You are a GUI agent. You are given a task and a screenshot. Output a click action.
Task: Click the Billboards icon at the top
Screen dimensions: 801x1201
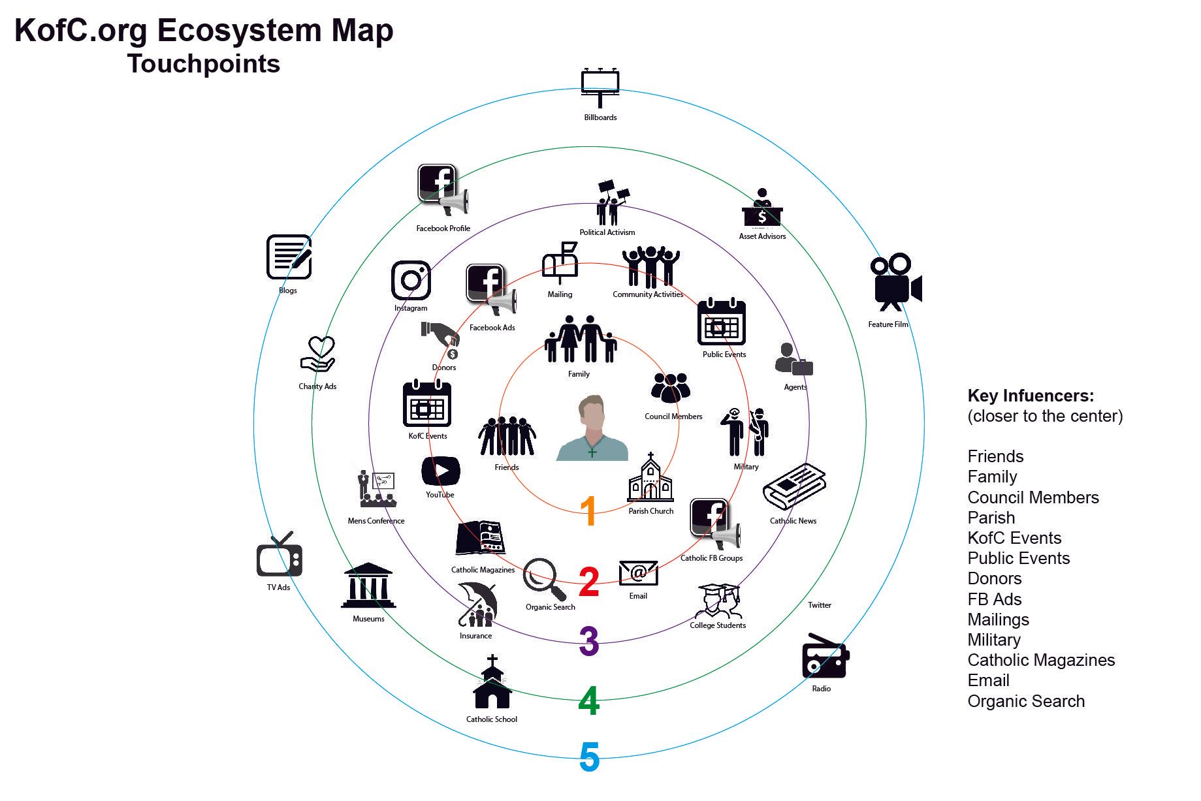point(600,87)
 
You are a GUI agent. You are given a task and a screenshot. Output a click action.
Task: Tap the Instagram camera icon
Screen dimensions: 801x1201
point(411,281)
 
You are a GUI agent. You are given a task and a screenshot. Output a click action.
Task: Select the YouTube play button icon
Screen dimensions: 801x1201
point(441,471)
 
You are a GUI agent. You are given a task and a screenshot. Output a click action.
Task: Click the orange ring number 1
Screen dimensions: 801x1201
point(588,510)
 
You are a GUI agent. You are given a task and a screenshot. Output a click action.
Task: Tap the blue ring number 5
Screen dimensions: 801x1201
point(589,757)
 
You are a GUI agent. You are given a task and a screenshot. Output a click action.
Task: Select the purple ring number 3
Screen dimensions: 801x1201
point(589,641)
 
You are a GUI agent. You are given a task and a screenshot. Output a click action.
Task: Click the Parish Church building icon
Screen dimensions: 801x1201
point(650,479)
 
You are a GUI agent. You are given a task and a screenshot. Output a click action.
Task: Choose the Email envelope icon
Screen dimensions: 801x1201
point(638,573)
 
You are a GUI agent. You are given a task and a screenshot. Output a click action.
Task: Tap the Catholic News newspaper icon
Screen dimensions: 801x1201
point(794,487)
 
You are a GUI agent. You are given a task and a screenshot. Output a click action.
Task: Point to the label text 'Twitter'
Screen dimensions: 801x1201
point(819,605)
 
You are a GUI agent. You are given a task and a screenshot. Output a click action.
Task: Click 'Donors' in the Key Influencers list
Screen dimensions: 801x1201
point(994,579)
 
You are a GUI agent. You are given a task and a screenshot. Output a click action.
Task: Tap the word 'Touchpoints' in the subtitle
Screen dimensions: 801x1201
point(204,64)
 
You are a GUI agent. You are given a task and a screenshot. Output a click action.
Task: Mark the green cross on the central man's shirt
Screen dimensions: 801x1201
point(592,452)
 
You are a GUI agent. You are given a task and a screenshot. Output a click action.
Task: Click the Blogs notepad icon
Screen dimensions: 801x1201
point(289,257)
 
